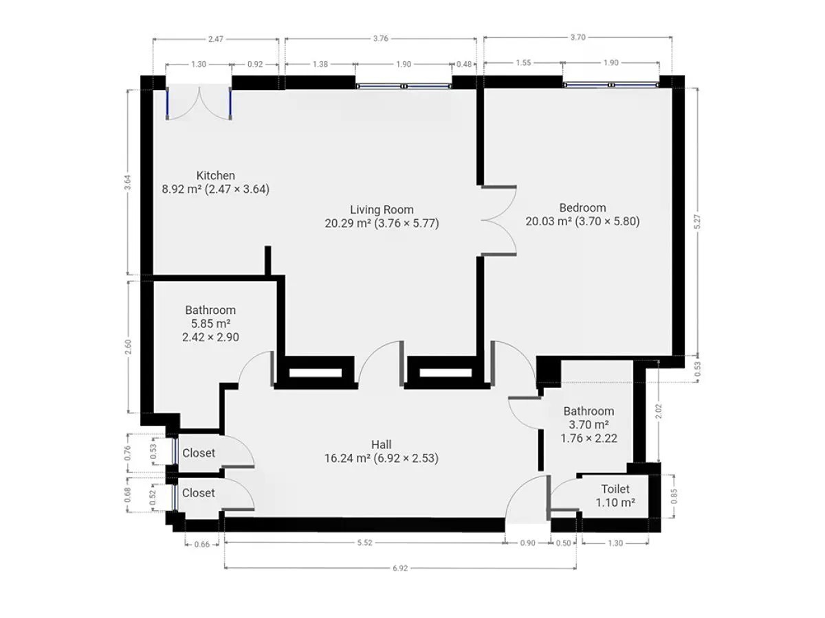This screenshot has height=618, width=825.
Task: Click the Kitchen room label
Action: (215, 176)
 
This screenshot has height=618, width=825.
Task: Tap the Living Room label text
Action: (382, 209)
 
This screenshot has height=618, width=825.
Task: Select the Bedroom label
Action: (582, 207)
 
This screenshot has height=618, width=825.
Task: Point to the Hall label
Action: (381, 445)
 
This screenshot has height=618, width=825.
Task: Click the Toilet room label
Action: (615, 489)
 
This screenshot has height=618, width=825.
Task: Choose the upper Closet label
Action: (199, 453)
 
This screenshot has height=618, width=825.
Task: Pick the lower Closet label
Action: (198, 492)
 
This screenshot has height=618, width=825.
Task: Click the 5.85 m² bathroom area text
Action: (210, 323)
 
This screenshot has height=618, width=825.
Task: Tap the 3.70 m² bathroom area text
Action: (588, 425)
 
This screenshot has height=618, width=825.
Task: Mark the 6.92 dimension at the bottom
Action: (400, 569)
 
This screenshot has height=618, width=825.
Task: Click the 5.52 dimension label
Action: (364, 543)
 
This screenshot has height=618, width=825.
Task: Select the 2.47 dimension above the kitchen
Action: (216, 39)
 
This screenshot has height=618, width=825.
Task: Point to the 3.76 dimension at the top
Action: (380, 38)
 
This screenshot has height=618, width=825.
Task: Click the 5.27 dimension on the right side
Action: (698, 221)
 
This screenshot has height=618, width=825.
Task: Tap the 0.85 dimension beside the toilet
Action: (674, 496)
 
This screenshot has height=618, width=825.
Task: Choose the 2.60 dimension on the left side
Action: (128, 347)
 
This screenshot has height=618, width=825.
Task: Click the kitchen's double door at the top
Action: (199, 103)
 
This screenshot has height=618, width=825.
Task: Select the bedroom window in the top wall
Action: (610, 85)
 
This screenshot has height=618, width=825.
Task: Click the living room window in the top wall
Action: (404, 87)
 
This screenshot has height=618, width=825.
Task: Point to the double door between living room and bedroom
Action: (498, 220)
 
